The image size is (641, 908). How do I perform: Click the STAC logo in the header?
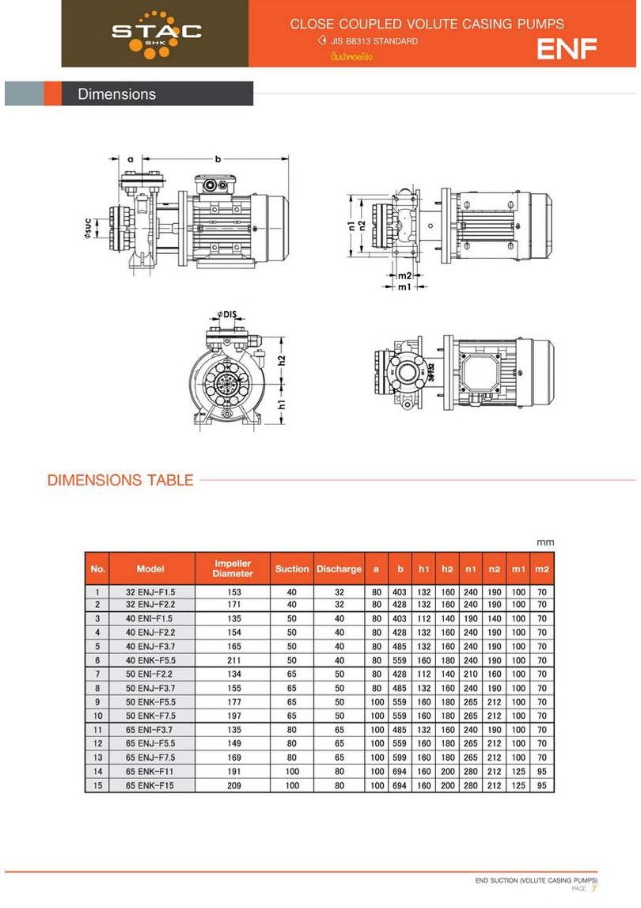pos(156,32)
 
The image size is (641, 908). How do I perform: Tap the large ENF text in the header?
pos(567,49)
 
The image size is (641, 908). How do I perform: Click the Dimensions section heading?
pos(116,94)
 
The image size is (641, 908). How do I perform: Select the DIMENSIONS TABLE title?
pos(120,480)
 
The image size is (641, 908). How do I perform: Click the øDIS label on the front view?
pos(228,314)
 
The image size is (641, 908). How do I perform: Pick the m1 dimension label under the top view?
pos(404,287)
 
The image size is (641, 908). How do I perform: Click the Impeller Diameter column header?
pos(233,568)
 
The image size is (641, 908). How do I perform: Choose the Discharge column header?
pos(339,568)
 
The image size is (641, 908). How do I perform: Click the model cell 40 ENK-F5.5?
pos(150,660)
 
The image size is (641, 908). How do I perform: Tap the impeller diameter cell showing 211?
pos(233,660)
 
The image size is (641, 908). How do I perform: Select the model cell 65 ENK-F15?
pos(150,785)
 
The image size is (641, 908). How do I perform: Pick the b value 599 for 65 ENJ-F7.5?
pos(400,758)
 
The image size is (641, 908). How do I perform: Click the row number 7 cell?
pos(97,674)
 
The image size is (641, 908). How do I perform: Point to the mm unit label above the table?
pos(545,542)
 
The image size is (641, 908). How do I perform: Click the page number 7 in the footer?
pos(594,890)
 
